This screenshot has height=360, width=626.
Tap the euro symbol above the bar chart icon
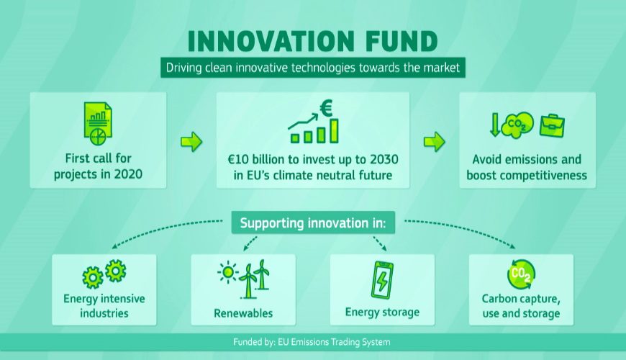(326, 108)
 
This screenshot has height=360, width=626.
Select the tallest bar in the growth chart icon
(334, 130)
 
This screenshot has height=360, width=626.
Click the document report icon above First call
(98, 123)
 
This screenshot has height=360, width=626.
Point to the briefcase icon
(552, 125)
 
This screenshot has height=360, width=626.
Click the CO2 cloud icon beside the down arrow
(517, 125)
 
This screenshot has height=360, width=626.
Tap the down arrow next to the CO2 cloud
(495, 125)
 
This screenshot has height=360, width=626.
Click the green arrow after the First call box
(191, 141)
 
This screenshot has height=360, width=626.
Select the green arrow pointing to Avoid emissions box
(435, 141)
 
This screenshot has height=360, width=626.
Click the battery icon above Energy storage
(382, 281)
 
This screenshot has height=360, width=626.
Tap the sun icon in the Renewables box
(228, 272)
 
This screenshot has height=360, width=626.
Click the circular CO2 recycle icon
(521, 274)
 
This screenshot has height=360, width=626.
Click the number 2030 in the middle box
(384, 159)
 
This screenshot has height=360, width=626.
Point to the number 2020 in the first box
(128, 174)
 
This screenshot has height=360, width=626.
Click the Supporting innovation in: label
(313, 223)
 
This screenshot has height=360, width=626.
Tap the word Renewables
(243, 313)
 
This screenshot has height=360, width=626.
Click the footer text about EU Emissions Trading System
(312, 342)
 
